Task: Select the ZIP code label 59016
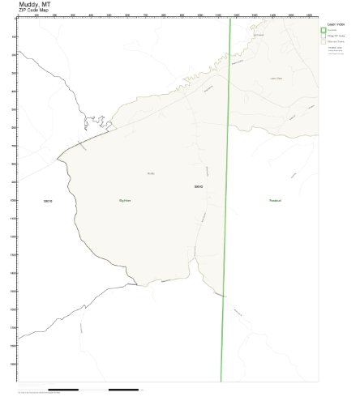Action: [46, 200]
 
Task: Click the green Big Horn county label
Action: [125, 199]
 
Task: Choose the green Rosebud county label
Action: [275, 199]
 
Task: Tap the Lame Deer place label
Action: [275, 79]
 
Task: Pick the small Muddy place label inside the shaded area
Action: [151, 173]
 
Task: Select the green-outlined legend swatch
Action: [324, 30]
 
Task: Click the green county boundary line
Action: [226, 202]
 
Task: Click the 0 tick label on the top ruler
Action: [18, 15]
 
